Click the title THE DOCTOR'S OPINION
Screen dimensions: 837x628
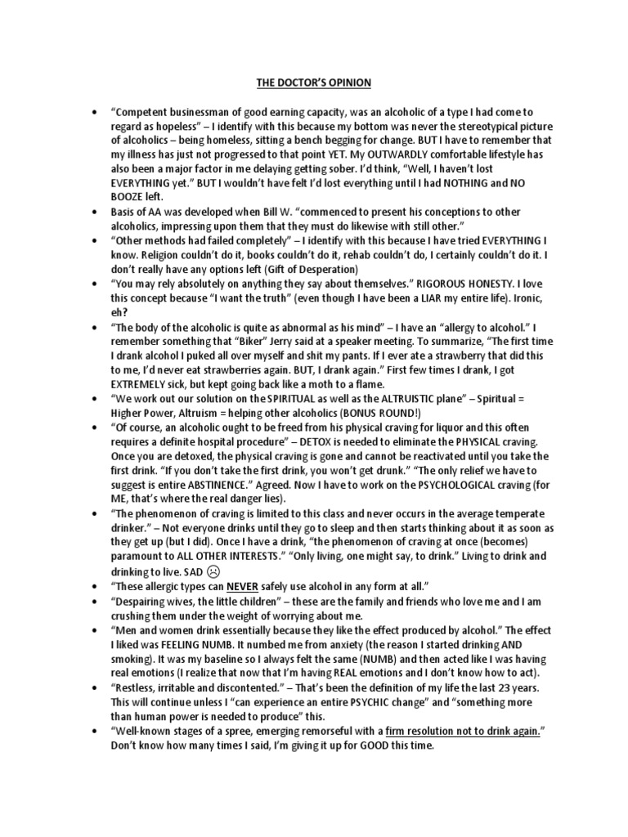point(313,82)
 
